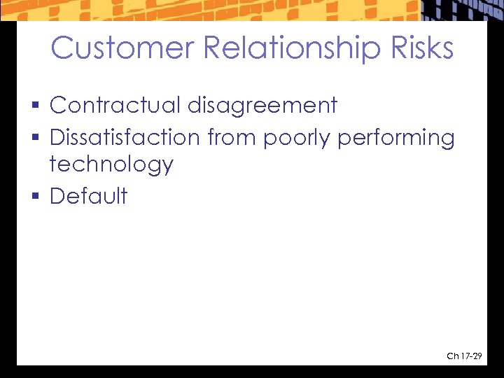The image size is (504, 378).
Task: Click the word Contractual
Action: (115, 105)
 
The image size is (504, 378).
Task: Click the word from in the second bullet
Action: (232, 137)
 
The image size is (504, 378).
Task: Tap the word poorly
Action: (297, 139)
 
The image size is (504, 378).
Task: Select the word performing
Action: (396, 139)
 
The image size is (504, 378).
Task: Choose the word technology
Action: (111, 165)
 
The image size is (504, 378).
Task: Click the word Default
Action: (89, 196)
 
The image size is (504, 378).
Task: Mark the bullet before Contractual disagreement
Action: (36, 106)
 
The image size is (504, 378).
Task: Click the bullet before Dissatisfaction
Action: (36, 139)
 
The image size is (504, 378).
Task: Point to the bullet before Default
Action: (36, 197)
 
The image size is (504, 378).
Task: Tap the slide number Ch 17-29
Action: (464, 357)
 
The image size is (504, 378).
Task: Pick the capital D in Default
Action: (58, 196)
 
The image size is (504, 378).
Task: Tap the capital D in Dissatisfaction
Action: (58, 137)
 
